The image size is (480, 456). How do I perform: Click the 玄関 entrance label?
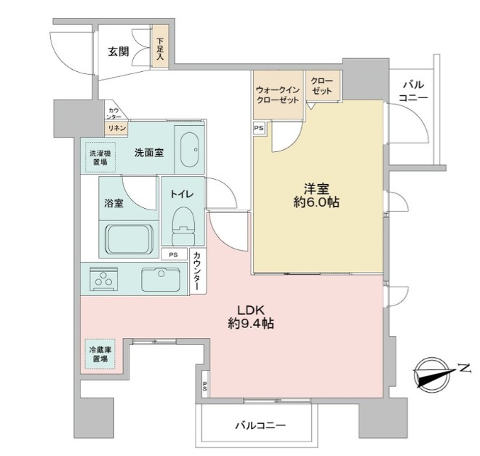tap(119, 52)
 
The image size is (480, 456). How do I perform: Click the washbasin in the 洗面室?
tap(190, 148)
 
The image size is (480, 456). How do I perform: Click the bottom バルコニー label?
tap(260, 425)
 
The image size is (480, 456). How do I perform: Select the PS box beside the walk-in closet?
tap(259, 128)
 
